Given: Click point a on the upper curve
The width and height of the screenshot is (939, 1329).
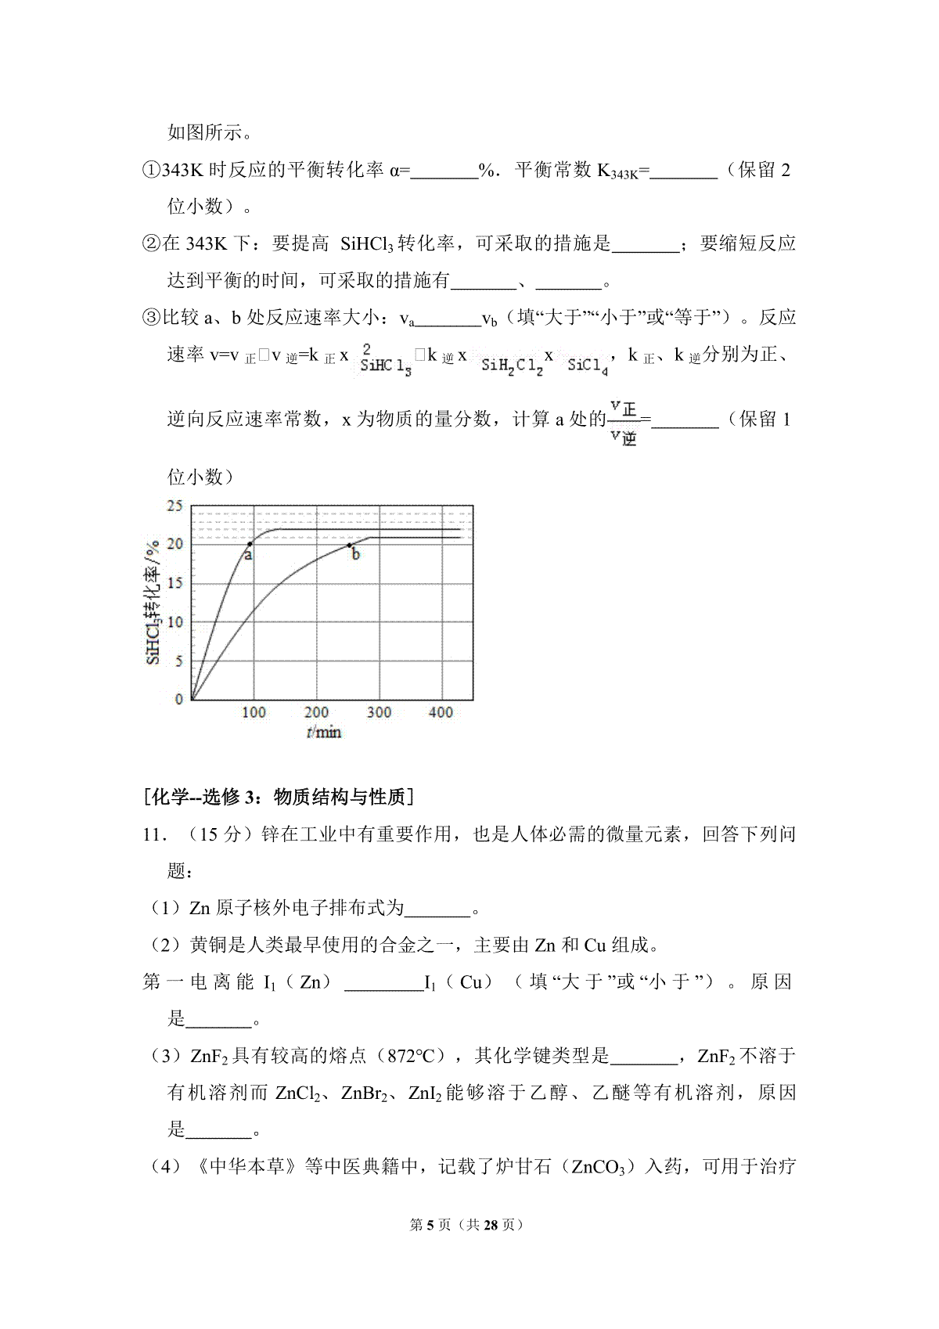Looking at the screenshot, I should point(250,544).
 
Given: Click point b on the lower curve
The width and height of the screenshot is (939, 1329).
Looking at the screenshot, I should point(349,545).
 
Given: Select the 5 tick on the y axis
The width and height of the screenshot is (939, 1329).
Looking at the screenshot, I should point(178,661).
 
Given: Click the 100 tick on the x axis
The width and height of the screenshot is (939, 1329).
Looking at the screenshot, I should point(254,712).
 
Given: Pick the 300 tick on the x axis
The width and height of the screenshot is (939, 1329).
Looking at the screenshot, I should point(379,712).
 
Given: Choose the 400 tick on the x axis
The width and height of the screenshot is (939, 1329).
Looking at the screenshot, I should point(441,712).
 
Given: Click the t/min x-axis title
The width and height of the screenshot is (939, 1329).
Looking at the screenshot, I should point(324,733).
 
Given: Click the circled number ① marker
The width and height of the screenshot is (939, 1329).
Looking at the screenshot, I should point(151,171).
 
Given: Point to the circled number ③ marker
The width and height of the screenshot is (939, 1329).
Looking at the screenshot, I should point(151,318).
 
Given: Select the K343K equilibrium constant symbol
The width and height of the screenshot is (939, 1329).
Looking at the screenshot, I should point(617,172).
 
